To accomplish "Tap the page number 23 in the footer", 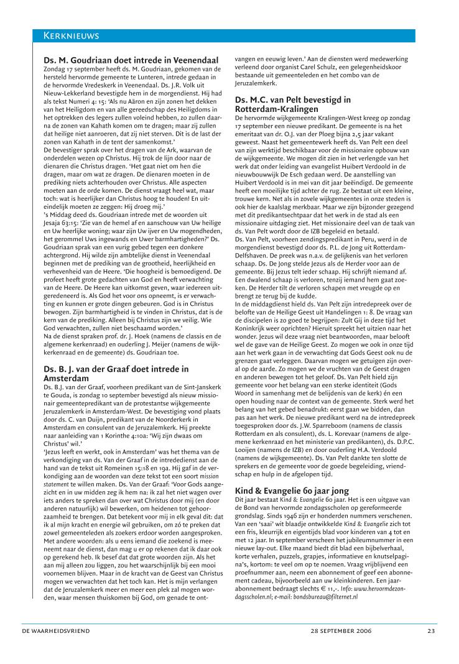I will tap(431, 630).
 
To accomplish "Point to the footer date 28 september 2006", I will tap(341, 630).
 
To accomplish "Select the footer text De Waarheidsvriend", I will tap(56, 630).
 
